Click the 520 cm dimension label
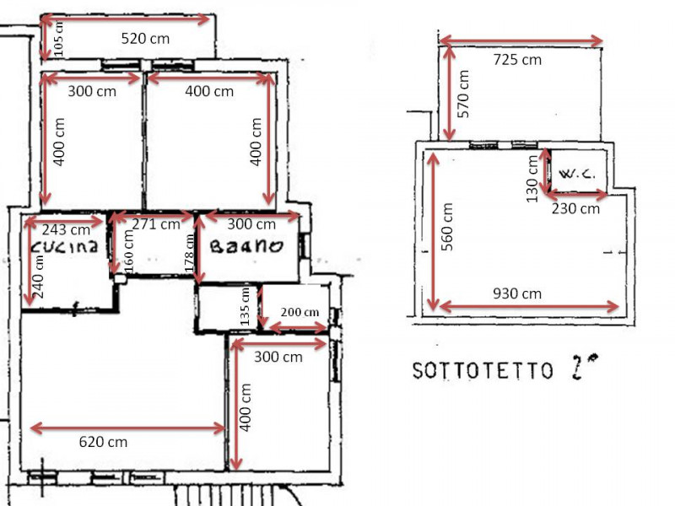(145, 39)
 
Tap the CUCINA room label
(65, 246)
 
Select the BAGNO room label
(246, 245)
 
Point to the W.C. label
(577, 175)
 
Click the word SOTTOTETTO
(483, 370)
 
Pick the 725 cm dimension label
(517, 59)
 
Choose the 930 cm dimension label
(517, 293)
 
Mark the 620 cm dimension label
(103, 442)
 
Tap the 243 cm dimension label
(66, 229)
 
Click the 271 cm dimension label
(156, 224)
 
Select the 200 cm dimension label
(300, 312)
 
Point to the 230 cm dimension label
(575, 208)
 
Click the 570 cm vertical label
(462, 94)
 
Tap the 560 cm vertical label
(447, 227)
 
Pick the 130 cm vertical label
(532, 179)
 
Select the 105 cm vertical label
(59, 39)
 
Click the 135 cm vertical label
(245, 306)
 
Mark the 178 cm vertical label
(189, 254)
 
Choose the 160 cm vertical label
(128, 251)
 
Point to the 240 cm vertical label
(38, 277)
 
